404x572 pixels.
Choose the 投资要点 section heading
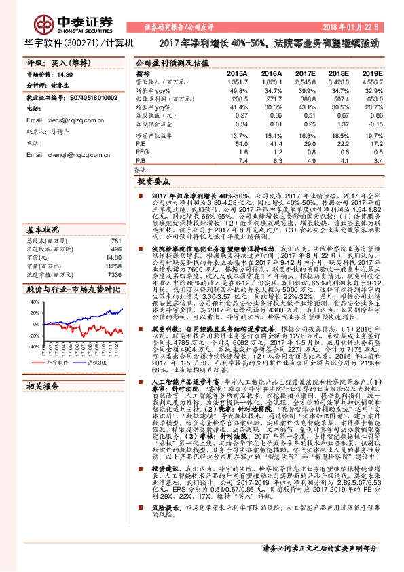pos(153,181)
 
